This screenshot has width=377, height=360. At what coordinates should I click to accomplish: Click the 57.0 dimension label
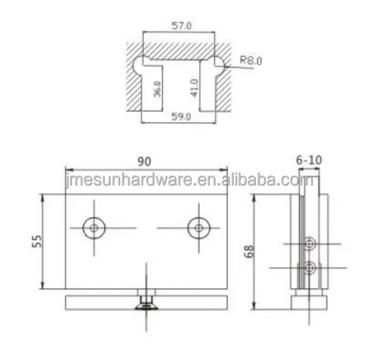tap(182, 25)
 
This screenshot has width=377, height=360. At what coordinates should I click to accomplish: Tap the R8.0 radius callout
tap(251, 60)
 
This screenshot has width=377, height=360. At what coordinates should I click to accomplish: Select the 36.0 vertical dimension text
tap(157, 89)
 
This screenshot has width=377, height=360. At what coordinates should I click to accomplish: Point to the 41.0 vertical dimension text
tap(194, 88)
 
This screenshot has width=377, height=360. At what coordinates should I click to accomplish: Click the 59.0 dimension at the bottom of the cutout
tap(181, 117)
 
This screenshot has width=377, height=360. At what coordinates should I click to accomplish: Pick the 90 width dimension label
tap(144, 162)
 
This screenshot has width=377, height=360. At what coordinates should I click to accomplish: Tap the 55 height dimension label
tap(37, 241)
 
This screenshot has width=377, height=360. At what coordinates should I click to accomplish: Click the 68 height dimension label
tap(249, 252)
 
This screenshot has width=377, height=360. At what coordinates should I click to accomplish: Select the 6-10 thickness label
tap(308, 160)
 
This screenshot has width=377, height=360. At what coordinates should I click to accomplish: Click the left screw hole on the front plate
tap(94, 228)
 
